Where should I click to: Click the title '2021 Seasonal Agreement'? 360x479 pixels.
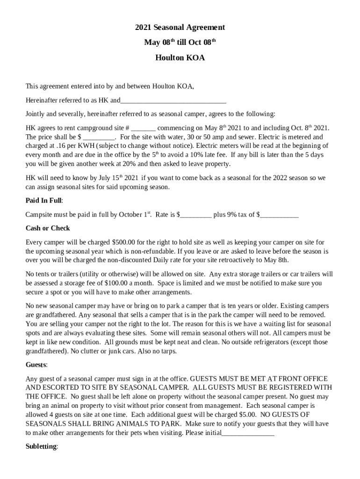click(180, 28)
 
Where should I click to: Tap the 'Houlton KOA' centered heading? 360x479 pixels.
click(180, 58)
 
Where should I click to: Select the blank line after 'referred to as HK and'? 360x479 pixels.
click(173, 101)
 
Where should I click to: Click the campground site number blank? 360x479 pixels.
click(144, 128)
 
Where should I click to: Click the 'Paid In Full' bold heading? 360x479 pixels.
click(44, 201)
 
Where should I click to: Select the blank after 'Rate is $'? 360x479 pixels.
click(196, 215)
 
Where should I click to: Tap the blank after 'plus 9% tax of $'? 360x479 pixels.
click(279, 215)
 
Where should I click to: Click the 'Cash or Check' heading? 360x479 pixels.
click(48, 228)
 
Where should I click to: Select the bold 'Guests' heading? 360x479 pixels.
click(36, 364)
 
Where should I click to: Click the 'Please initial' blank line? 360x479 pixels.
click(248, 433)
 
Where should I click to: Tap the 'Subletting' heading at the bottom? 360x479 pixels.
click(41, 447)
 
